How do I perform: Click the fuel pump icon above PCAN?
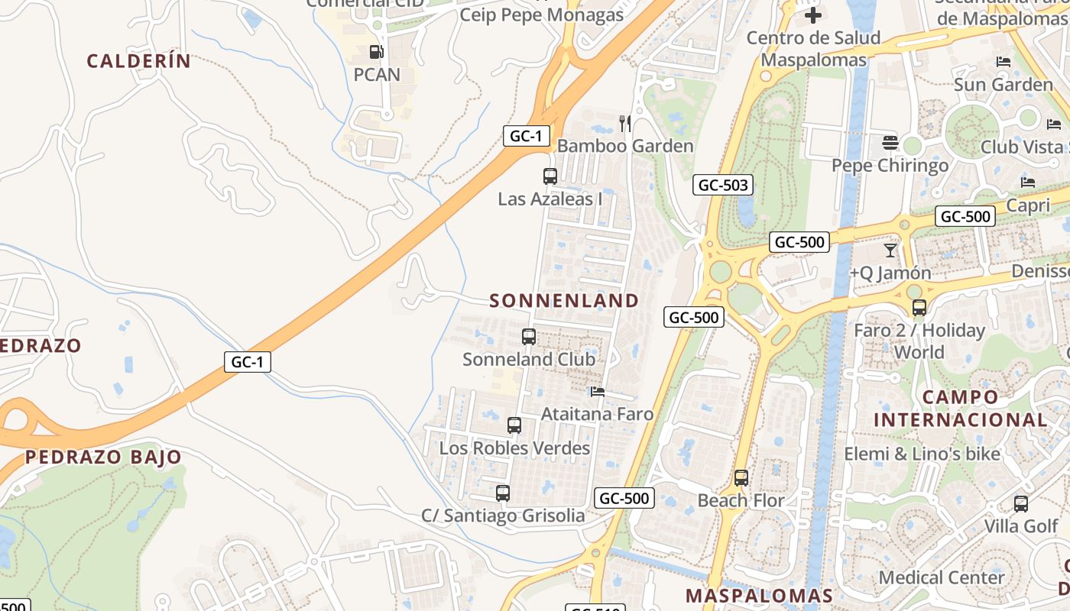(376, 52)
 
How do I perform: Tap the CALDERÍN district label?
(138, 61)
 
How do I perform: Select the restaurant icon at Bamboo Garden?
(625, 123)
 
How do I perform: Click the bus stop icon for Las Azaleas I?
(550, 176)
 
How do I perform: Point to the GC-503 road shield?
(723, 185)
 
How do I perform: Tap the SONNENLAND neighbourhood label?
(564, 301)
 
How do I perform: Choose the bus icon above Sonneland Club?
(528, 336)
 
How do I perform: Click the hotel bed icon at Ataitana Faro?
(598, 392)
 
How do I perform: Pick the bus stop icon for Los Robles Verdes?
(514, 425)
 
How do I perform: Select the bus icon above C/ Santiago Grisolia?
(502, 493)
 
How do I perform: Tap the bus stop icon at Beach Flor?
(741, 478)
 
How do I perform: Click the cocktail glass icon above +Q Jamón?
(890, 250)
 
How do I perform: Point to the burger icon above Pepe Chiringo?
(890, 143)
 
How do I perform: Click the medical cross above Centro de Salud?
(813, 15)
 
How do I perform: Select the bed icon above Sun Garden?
(1004, 62)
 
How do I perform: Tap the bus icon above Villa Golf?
(1020, 504)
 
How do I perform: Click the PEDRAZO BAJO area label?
(103, 457)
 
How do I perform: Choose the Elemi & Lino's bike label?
(922, 454)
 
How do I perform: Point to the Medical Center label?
(942, 577)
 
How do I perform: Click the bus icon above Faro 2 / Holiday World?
(919, 308)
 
